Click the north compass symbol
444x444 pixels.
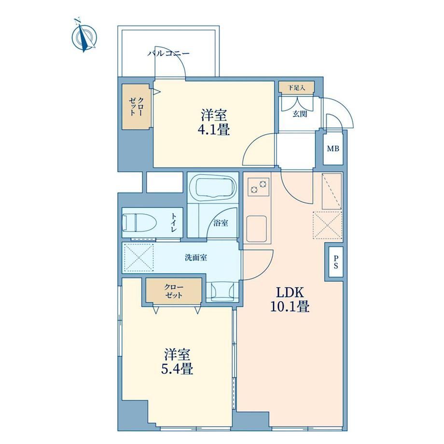coord(84,37)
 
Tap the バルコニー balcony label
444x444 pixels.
coord(168,53)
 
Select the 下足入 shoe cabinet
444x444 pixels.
coord(296,87)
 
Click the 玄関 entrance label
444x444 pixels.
coord(300,114)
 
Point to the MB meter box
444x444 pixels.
coord(333,148)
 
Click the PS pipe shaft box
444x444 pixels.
coord(336,262)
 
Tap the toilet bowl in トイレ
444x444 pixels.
coord(139,222)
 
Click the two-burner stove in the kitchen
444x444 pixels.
coord(259,187)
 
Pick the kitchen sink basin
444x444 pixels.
coord(256,228)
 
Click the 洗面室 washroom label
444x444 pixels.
coord(195,258)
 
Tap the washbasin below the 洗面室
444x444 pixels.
coord(222,291)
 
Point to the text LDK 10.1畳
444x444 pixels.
coord(290,299)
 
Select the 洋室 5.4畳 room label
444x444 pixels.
coord(177,361)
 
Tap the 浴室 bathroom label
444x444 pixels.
coord(221,223)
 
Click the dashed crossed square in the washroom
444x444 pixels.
coord(139,257)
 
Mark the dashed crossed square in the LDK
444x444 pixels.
coord(327,225)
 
